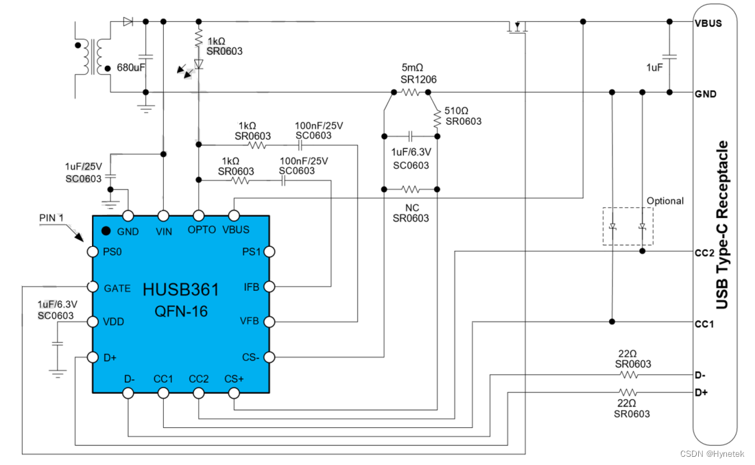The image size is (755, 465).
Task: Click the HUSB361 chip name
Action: pos(180,289)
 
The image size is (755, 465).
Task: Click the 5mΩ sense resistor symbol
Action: pos(410,92)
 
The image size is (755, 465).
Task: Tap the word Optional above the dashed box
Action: pos(664,201)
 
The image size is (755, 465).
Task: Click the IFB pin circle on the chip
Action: pos(269,287)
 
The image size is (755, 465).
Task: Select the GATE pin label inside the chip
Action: pos(117,288)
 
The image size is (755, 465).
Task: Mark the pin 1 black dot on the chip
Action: pos(106,230)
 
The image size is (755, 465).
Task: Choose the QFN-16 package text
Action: pos(180,312)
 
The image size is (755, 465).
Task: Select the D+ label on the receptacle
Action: pos(702,392)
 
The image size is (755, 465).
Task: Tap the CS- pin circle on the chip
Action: pos(269,357)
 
